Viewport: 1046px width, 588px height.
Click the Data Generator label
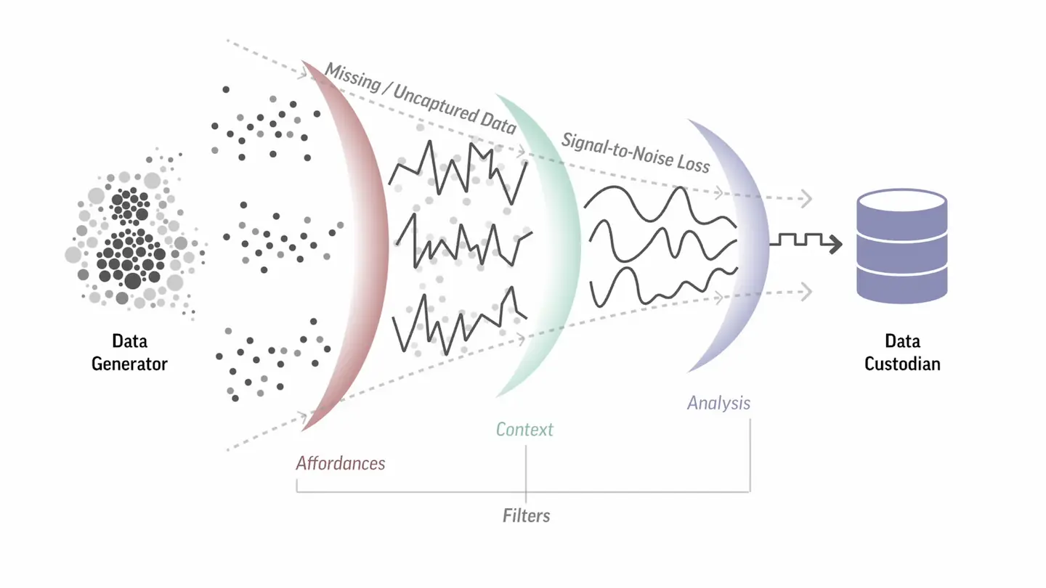click(x=129, y=352)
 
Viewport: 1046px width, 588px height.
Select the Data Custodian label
click(x=902, y=352)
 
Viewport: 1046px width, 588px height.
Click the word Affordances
click(x=340, y=463)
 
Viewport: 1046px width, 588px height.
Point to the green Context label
click(x=524, y=429)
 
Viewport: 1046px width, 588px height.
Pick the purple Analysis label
click(x=718, y=403)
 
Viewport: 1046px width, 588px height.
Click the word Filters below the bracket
click(x=526, y=515)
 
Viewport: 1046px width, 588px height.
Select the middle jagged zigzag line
click(x=461, y=243)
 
